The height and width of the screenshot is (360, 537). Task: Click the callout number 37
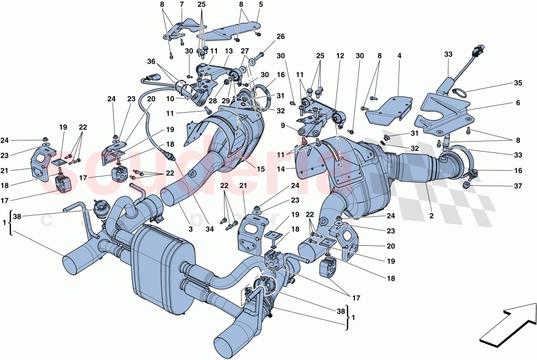(x=518, y=186)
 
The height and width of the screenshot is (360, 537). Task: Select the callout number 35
(x=518, y=84)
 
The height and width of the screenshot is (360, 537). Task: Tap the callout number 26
(x=280, y=37)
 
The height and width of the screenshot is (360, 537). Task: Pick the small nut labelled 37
(x=466, y=185)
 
